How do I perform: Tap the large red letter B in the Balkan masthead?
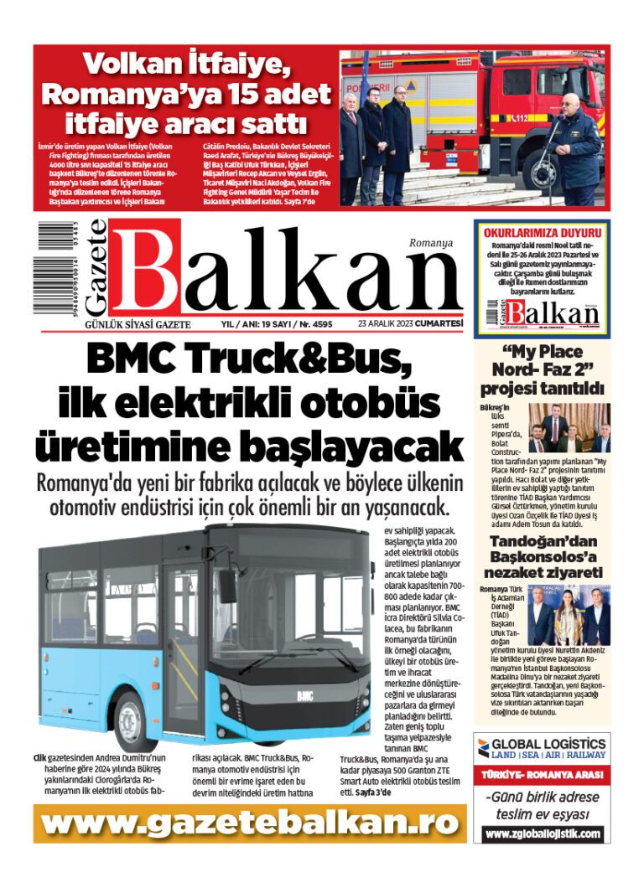click(x=148, y=271)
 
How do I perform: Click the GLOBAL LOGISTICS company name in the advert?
click(x=549, y=743)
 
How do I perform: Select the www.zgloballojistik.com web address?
click(x=543, y=834)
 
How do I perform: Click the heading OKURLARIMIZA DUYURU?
click(x=543, y=232)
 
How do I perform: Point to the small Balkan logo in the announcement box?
click(x=543, y=315)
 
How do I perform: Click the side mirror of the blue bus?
click(x=227, y=586)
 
